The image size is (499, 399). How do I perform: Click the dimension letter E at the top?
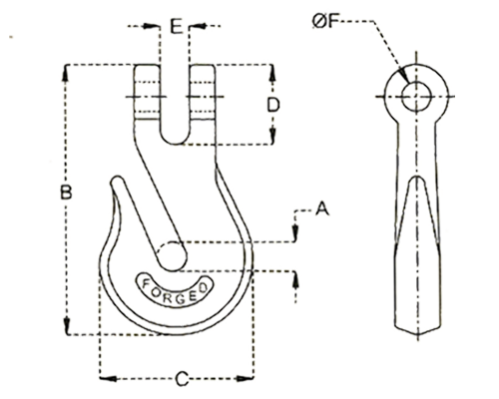(177, 26)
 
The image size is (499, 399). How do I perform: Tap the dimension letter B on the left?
(66, 192)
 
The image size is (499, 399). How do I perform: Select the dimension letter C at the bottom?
(182, 379)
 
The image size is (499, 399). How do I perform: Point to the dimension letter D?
(273, 105)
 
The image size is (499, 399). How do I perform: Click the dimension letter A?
(321, 208)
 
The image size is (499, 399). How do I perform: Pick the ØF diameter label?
(325, 21)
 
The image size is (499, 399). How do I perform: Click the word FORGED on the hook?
(175, 291)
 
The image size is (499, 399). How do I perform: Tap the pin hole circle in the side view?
(416, 97)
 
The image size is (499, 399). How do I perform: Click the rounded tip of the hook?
(118, 183)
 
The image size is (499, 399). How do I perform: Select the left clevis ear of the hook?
(148, 92)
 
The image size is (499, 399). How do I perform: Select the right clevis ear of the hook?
(203, 92)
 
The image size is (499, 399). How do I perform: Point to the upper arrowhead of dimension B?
(67, 73)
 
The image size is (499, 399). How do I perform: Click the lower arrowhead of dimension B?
(67, 326)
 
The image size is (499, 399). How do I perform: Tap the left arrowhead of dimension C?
(108, 378)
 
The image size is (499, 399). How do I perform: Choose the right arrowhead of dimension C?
(245, 378)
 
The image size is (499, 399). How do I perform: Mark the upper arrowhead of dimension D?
(272, 73)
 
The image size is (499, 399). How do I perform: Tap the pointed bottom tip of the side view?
(417, 333)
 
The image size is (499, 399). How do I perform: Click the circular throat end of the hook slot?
(172, 256)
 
